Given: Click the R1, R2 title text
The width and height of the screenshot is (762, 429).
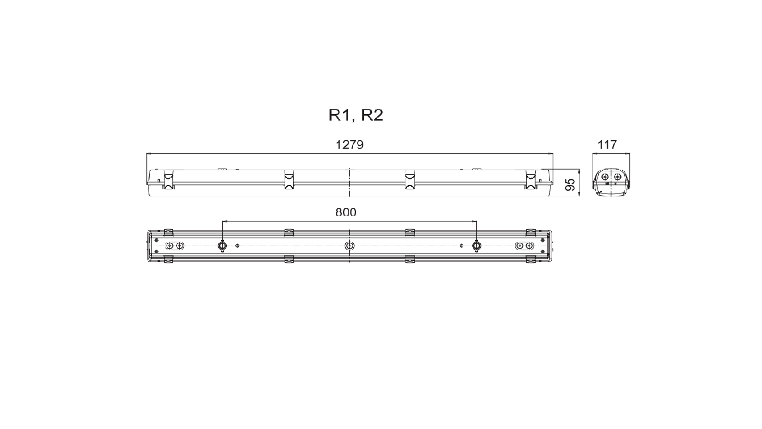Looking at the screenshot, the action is [356, 115].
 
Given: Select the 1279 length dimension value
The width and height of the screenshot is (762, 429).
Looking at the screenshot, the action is [350, 145].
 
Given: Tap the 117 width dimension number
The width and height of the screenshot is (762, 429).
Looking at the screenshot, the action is [607, 145].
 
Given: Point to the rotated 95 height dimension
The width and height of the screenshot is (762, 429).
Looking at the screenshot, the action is [570, 184].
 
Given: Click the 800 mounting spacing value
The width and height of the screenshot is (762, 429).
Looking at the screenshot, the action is [346, 212].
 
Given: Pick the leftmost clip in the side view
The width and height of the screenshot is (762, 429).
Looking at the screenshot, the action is [169, 179].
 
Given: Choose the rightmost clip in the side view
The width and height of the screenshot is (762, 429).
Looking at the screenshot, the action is [530, 179].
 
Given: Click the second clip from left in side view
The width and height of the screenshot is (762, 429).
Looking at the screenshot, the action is [289, 179].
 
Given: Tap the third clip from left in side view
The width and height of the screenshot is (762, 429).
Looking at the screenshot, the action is [410, 179].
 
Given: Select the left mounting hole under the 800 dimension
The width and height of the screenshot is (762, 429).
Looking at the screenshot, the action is [222, 246].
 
